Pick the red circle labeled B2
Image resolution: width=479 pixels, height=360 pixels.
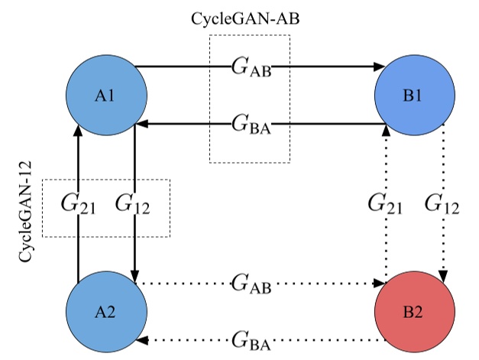416,312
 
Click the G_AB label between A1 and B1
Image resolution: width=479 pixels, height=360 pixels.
251,67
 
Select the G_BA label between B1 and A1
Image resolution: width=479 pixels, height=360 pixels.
251,124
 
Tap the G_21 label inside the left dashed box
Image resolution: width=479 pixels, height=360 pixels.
77,205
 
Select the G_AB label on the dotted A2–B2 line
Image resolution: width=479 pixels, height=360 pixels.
251,284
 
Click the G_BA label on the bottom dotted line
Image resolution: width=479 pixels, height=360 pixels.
251,340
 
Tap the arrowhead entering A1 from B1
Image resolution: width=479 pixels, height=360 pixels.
143,124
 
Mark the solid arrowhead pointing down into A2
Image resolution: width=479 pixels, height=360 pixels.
135,276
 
